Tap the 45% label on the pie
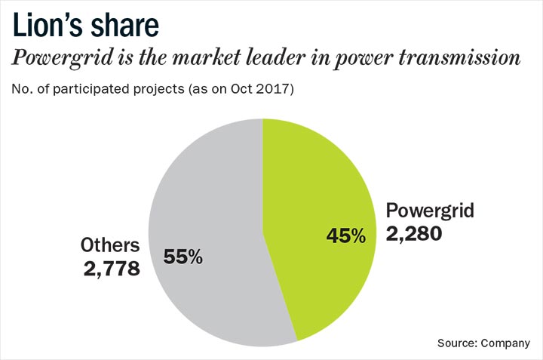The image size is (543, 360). (x=345, y=235)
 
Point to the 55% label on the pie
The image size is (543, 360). (x=183, y=257)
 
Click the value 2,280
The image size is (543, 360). (x=413, y=235)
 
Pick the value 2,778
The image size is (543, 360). (x=112, y=268)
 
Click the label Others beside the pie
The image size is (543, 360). (x=110, y=245)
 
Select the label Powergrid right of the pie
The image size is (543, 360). (x=430, y=211)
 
